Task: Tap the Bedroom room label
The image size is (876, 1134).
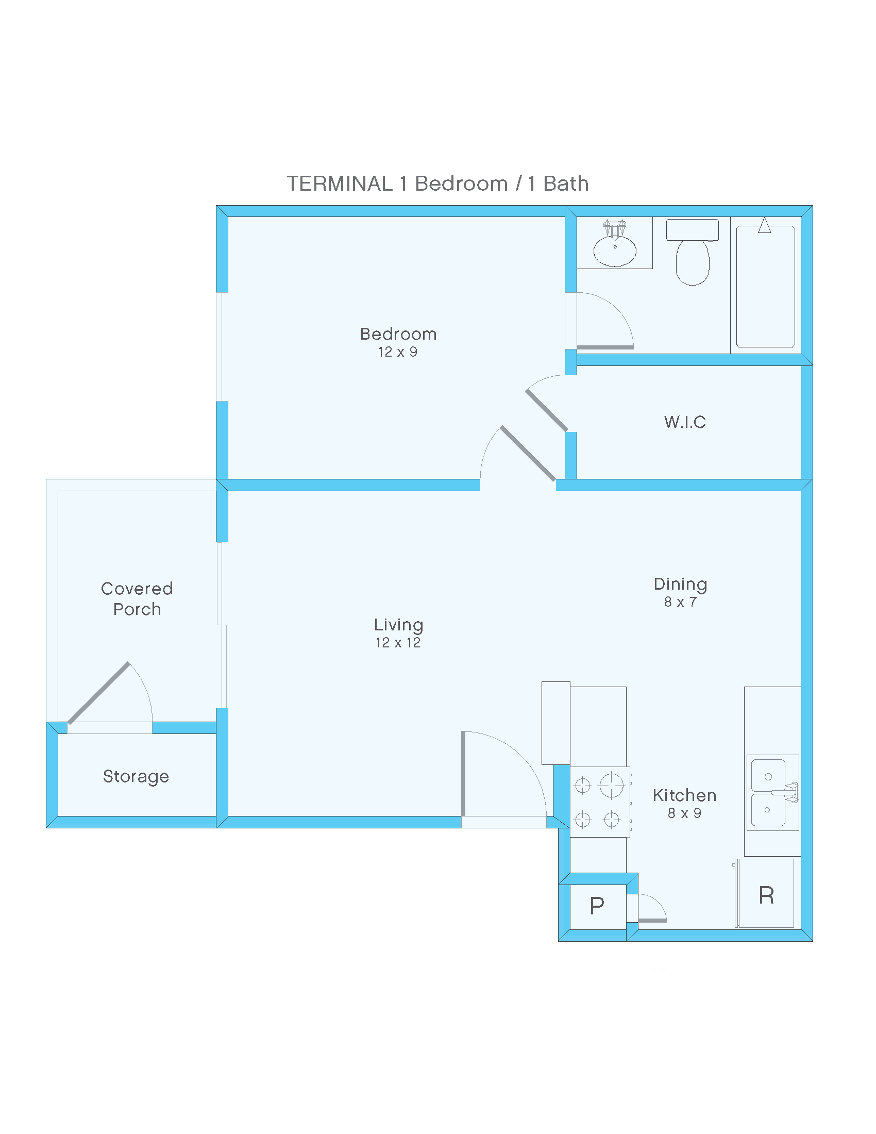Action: [398, 334]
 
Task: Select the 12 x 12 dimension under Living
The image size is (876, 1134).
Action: [398, 643]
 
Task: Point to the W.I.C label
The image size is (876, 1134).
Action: [684, 422]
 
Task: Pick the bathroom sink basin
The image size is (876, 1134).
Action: [614, 251]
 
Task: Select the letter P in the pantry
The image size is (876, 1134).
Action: [597, 906]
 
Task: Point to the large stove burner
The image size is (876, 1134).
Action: [611, 785]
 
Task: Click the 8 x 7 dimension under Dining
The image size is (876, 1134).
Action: [680, 602]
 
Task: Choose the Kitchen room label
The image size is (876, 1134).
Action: [684, 795]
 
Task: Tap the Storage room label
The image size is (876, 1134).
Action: [136, 776]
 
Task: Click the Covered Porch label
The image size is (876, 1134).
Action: [137, 598]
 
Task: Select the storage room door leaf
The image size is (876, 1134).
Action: [98, 693]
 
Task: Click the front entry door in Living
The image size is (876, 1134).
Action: [463, 774]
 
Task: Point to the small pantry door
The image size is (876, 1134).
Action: [652, 920]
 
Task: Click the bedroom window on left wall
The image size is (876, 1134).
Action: [222, 347]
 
